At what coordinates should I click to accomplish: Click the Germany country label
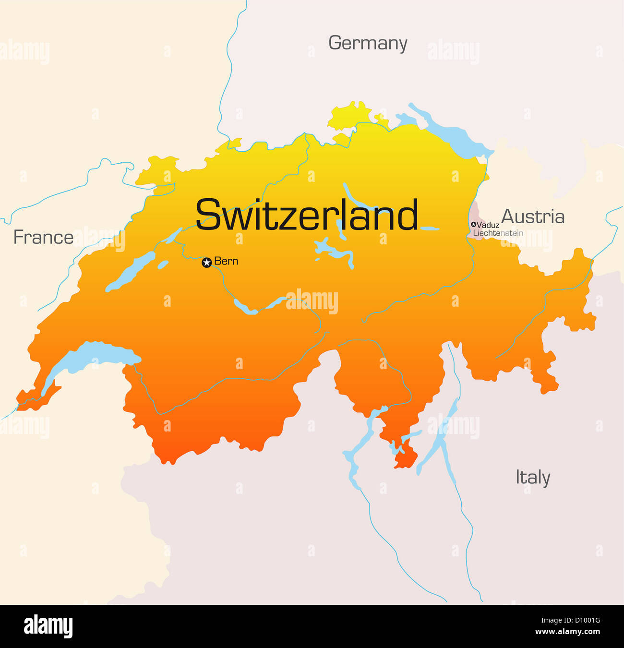click(x=368, y=43)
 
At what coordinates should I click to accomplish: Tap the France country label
click(x=43, y=237)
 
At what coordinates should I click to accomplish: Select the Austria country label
click(x=533, y=216)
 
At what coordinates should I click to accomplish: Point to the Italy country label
click(x=533, y=478)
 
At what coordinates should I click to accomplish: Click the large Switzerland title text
click(x=307, y=215)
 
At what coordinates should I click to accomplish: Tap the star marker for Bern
click(x=206, y=263)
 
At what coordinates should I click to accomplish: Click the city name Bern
click(x=226, y=261)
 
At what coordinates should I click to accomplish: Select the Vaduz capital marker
click(x=474, y=224)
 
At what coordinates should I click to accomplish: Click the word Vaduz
click(x=488, y=225)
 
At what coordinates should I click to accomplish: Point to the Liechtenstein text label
click(x=498, y=233)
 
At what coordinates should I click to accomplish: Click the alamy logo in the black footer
click(x=48, y=626)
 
